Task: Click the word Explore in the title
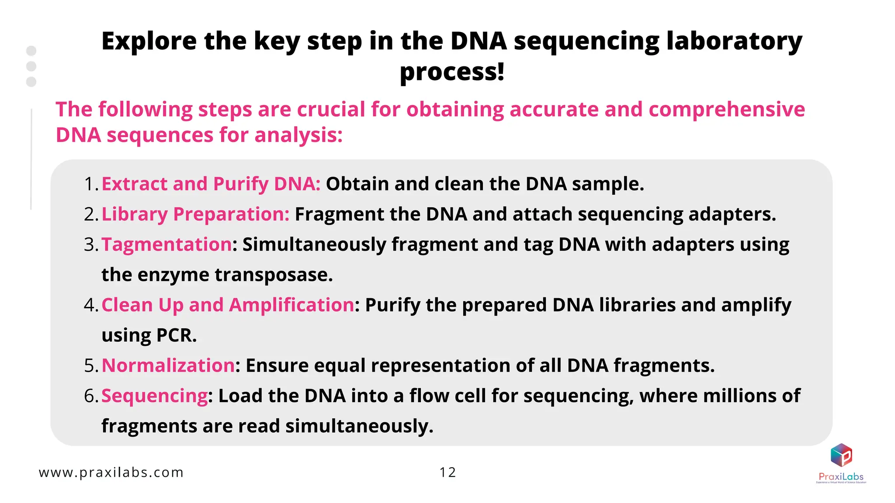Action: tap(149, 41)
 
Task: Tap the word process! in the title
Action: tap(452, 72)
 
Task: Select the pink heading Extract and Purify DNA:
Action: tap(211, 184)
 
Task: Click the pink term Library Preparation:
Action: tap(195, 214)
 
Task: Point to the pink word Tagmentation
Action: tap(167, 245)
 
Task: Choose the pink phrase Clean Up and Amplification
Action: tap(228, 305)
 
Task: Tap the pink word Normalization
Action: tap(168, 365)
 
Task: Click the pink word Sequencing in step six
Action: tap(155, 396)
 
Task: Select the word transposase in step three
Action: tap(274, 275)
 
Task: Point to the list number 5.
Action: tap(90, 365)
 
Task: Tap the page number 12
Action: tap(447, 472)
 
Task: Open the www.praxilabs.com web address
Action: tap(111, 472)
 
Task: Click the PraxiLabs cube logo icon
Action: tap(841, 455)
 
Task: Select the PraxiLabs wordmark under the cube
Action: tap(841, 477)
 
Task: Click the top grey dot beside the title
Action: tap(31, 51)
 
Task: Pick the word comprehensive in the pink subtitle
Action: tap(726, 109)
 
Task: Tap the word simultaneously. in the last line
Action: tap(359, 426)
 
